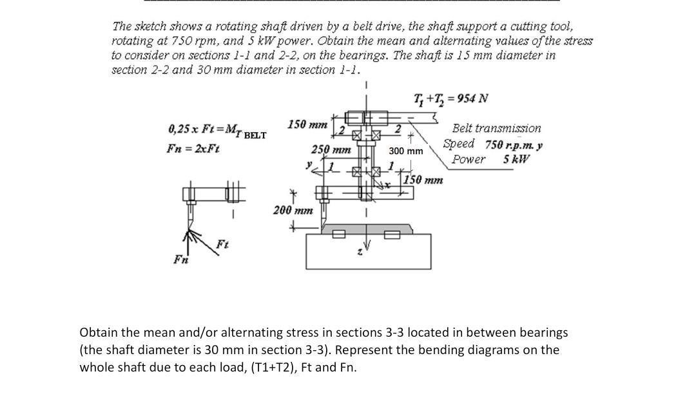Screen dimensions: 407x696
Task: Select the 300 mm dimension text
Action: tap(406, 151)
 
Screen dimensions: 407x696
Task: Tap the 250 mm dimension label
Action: tap(331, 149)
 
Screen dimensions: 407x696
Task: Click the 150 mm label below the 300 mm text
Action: tap(422, 180)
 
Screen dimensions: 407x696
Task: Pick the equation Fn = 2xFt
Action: tap(193, 148)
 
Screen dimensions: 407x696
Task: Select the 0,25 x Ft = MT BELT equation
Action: tap(217, 130)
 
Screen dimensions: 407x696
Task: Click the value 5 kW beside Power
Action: tap(516, 159)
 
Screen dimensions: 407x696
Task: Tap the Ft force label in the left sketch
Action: tap(222, 244)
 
